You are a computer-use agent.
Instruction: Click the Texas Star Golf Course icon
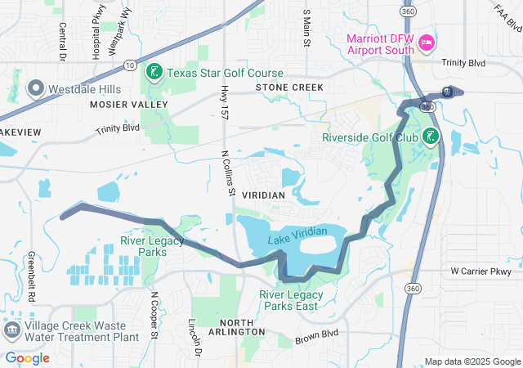point(153,73)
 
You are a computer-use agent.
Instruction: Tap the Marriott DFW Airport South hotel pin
point(425,43)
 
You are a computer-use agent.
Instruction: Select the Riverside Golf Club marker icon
point(431,137)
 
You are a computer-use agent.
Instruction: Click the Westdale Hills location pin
point(36,87)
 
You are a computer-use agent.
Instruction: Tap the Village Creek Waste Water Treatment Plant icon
point(12,330)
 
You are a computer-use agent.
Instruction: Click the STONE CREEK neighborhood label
point(288,87)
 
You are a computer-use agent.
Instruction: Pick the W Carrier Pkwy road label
point(480,271)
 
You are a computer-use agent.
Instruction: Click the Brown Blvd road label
point(316,334)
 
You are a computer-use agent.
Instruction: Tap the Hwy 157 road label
point(224,104)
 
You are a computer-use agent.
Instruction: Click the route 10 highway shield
point(131,63)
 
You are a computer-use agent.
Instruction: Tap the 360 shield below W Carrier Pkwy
point(413,289)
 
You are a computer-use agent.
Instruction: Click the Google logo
point(28,358)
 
